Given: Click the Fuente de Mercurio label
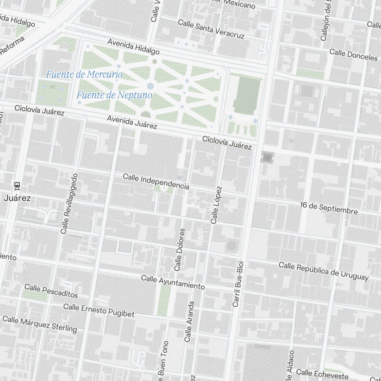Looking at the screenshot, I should (84, 74).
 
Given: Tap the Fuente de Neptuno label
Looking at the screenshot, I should (114, 95).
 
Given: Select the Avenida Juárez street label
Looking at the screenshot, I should (132, 122).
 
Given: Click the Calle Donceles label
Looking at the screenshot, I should (353, 54).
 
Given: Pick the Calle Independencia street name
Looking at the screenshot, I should (156, 182).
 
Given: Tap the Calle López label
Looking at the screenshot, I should (216, 205).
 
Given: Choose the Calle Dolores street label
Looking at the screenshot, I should (179, 250).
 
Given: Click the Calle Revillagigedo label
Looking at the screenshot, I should (69, 203).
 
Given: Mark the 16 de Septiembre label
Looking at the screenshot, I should (329, 208).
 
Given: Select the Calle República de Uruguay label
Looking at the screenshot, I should (323, 271).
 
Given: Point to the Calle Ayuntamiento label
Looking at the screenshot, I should (173, 282).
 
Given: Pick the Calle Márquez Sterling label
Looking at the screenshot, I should (40, 324).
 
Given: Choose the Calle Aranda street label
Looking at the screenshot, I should (189, 321).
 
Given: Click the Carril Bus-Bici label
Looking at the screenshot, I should (238, 284).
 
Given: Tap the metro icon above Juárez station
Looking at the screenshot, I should (17, 186).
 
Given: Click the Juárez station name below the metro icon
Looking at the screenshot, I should (17, 198).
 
